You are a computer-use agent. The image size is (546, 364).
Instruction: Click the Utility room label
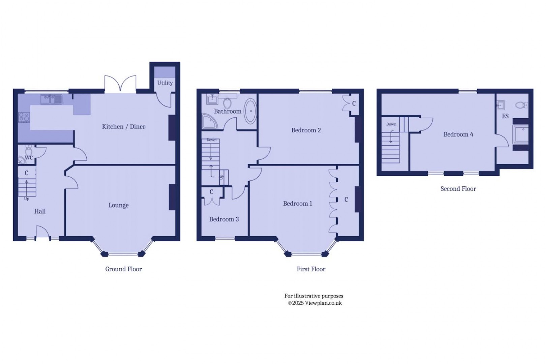point(165,83)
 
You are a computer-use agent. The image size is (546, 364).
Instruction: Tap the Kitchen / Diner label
point(124,126)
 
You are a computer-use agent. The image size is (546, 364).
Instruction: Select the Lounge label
point(118,205)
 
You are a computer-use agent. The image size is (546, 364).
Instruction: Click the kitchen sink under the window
point(51,99)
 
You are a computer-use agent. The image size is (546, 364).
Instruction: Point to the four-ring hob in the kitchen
point(24,117)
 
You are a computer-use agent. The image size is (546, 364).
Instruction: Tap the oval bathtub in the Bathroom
point(250,111)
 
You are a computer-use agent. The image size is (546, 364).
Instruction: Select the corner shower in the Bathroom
point(209,121)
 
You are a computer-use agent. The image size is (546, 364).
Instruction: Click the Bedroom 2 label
point(306,130)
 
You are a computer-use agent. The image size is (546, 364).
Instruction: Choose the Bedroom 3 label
point(224,219)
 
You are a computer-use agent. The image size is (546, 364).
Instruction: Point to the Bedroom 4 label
point(458,134)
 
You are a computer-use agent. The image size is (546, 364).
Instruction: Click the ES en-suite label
point(505,116)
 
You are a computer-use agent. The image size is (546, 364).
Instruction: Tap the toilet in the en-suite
point(522,105)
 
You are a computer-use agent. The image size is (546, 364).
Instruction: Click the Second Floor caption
point(458,189)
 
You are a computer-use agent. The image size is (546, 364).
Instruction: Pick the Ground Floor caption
point(123,269)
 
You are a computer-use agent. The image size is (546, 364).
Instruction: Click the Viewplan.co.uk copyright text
point(315,303)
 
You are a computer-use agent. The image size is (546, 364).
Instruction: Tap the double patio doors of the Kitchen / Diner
point(120,84)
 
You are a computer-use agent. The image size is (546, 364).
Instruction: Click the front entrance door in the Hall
point(42,232)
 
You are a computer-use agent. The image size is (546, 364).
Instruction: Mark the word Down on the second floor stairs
point(391,124)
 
